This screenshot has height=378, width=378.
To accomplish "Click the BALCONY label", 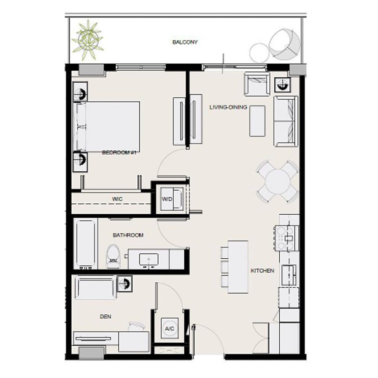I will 185,42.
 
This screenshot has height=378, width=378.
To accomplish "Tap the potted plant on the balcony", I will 87,39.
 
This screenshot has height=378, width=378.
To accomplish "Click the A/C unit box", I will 170,328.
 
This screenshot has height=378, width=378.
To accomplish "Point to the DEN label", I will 106,317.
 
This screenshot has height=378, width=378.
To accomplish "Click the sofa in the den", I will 96,287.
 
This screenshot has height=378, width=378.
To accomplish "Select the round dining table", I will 278,182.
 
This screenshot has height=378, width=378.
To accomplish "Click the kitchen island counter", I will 238,266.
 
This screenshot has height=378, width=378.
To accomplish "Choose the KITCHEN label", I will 262,271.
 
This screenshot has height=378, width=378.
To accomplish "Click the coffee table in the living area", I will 257,121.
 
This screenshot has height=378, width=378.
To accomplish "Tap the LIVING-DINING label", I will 228,108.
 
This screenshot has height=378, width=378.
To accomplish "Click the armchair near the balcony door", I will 256,84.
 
